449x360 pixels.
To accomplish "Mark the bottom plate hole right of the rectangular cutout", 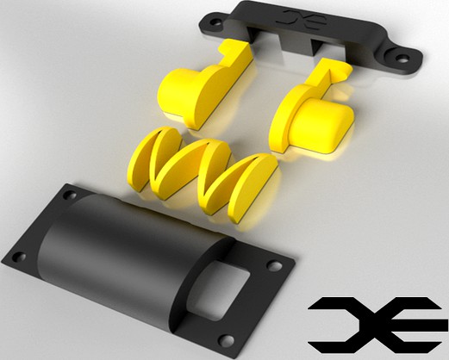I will pyautogui.click(x=274, y=265).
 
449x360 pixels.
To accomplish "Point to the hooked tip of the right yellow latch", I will pyautogui.click(x=331, y=69).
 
